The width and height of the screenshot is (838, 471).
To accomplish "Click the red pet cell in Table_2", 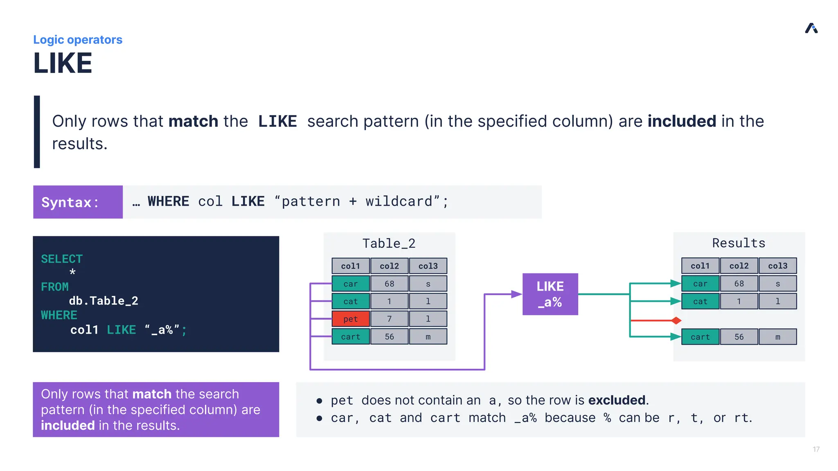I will [350, 319].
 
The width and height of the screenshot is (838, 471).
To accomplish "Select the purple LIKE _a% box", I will [550, 294].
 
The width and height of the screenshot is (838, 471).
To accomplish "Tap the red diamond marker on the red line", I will [676, 321].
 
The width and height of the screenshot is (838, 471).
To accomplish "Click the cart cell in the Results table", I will [700, 337].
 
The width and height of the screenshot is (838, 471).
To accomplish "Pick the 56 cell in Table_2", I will [389, 336].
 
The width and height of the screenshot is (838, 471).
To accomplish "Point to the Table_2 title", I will [389, 244].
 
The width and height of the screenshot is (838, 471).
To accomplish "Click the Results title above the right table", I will [739, 243].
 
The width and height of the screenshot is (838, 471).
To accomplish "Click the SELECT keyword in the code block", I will [62, 259].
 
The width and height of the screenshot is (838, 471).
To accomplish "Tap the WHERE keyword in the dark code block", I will [59, 315].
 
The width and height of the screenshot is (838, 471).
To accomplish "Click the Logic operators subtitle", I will [78, 40].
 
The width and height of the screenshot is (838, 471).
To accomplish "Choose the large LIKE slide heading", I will [63, 63].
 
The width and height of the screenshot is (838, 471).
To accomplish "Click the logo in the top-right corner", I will [811, 28].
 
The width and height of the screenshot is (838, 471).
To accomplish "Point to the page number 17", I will [816, 449].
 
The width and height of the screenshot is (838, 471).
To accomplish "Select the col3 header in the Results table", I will [777, 266].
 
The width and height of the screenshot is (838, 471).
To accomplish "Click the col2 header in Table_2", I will [389, 266].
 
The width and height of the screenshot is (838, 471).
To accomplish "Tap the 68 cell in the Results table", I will [739, 283].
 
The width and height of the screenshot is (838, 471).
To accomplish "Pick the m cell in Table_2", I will [428, 336].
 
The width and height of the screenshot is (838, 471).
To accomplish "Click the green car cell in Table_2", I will [350, 284].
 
